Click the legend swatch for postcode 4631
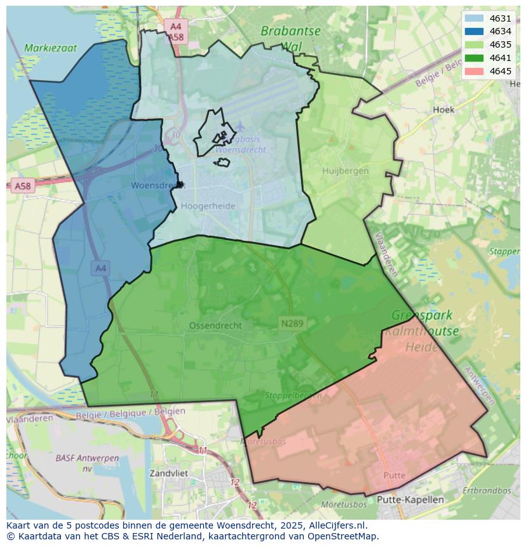473,18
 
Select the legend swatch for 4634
473,31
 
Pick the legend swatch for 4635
473,44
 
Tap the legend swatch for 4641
473,58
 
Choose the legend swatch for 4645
473,71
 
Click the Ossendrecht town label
215,325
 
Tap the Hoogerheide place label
208,206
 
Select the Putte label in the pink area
394,475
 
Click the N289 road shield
292,323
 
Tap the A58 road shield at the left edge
22,186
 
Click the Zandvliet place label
169,473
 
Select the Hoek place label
443,109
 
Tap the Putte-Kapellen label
410,499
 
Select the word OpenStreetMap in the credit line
343,536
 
